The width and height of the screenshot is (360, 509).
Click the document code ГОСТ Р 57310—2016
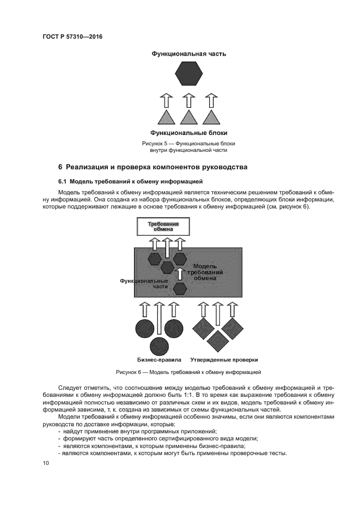coord(72,37)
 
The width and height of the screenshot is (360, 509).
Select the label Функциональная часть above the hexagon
coord(188,54)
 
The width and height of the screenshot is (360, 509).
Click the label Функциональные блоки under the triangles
coord(188,133)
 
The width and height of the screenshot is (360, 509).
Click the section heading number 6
coord(61,167)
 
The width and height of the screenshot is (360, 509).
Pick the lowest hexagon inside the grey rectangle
coord(180,289)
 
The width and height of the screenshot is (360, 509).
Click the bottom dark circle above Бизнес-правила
coord(160,344)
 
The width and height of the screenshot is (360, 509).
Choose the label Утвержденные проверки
coord(224,360)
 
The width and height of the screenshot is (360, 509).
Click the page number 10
coord(46,463)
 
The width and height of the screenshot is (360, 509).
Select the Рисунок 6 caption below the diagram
coord(188,372)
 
